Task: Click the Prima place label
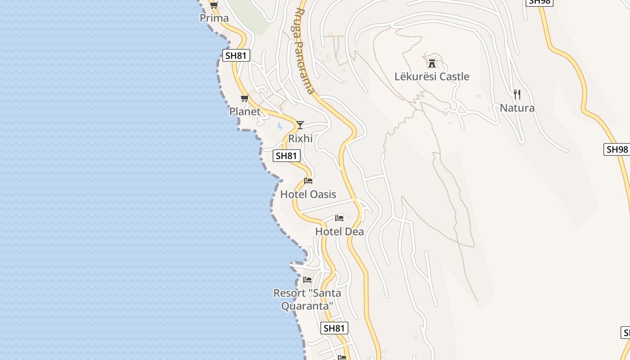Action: point(214,18)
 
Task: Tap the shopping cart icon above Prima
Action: point(214,5)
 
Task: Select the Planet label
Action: point(245,111)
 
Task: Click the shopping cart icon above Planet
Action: point(245,98)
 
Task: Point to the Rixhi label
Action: point(300,139)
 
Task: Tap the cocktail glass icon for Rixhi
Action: point(300,125)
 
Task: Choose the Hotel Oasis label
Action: point(308,194)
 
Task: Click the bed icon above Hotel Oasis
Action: point(308,181)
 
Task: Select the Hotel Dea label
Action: point(339,231)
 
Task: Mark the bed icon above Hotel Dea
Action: point(339,218)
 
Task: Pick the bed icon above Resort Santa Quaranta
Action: point(307,280)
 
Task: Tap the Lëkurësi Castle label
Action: point(432,76)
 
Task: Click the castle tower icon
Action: point(432,63)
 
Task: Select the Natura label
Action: point(517,108)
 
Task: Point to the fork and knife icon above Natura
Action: point(517,94)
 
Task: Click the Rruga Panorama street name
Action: point(305,50)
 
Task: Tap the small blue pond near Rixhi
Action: point(279,126)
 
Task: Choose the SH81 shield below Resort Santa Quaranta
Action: point(334,328)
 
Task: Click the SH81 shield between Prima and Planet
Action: point(236,55)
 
